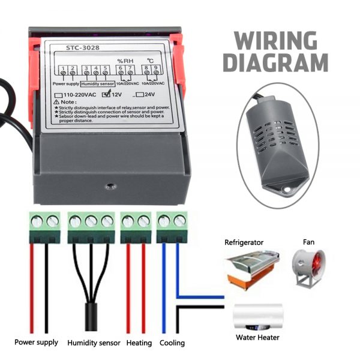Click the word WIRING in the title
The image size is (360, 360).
274,40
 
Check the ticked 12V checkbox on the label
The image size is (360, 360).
106,94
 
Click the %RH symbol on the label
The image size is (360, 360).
124,61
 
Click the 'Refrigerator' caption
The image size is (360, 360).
244,242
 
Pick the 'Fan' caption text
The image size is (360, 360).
308,242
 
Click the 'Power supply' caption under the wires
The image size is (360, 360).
37,343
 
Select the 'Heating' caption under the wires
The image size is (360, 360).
139,344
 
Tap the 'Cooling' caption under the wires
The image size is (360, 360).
172,344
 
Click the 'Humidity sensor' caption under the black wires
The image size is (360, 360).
93,344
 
